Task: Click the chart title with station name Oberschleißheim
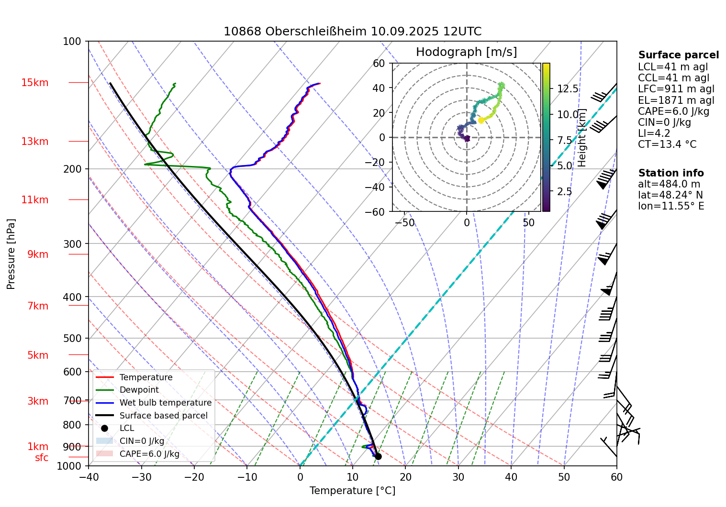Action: pyautogui.click(x=352, y=32)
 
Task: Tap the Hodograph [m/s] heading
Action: pyautogui.click(x=466, y=52)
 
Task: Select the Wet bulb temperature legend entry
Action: pyautogui.click(x=165, y=403)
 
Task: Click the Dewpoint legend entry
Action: pyautogui.click(x=139, y=390)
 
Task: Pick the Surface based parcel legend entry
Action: pyautogui.click(x=163, y=416)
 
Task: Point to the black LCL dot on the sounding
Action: pyautogui.click(x=378, y=456)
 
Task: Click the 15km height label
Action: pyautogui.click(x=34, y=83)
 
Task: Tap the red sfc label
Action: pyautogui.click(x=42, y=458)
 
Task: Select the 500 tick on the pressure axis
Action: pyautogui.click(x=72, y=338)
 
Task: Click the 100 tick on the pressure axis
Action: pyautogui.click(x=72, y=42)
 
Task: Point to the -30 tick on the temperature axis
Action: pyautogui.click(x=141, y=477)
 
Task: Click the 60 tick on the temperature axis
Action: pyautogui.click(x=616, y=477)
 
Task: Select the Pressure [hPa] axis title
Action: pyautogui.click(x=11, y=254)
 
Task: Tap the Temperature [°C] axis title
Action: pyautogui.click(x=352, y=491)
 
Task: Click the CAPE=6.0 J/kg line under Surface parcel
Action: pyautogui.click(x=673, y=111)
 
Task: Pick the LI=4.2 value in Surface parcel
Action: pyautogui.click(x=654, y=133)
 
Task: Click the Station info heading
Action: pyautogui.click(x=671, y=173)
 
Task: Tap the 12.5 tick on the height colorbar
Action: pyautogui.click(x=568, y=89)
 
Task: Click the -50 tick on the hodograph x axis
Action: pyautogui.click(x=405, y=223)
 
